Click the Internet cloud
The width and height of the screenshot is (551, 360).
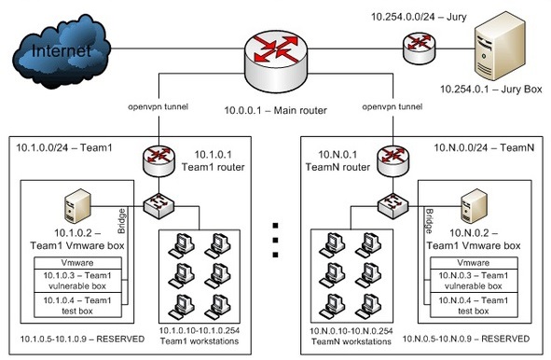pos(62,51)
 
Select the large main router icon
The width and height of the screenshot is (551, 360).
pos(276,61)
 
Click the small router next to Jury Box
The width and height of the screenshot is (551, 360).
pos(419,48)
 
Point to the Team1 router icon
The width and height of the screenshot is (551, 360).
pos(158,161)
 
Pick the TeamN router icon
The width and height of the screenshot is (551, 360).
pos(393,161)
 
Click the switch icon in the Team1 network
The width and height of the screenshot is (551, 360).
pos(158,206)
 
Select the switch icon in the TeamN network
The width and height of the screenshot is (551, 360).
pos(393,206)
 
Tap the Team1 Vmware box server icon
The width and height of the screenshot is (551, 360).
pos(78,206)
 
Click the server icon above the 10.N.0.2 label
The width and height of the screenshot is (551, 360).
pos(474,206)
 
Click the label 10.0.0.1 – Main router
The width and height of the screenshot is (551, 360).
pos(276,110)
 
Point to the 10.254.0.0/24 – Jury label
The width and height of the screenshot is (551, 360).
pos(419,17)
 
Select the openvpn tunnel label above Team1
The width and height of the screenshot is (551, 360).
pos(158,106)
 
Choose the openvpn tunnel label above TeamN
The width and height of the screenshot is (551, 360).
pos(393,106)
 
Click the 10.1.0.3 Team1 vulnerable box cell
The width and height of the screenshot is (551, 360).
pos(77,281)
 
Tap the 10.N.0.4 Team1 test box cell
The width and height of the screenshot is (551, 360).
pos(474,305)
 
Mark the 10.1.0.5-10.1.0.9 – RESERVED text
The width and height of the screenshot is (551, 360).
pos(82,339)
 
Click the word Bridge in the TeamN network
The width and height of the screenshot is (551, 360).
pos(429,221)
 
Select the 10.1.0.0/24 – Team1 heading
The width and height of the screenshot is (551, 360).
pos(64,147)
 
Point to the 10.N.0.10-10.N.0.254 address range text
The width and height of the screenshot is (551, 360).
pos(351,331)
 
